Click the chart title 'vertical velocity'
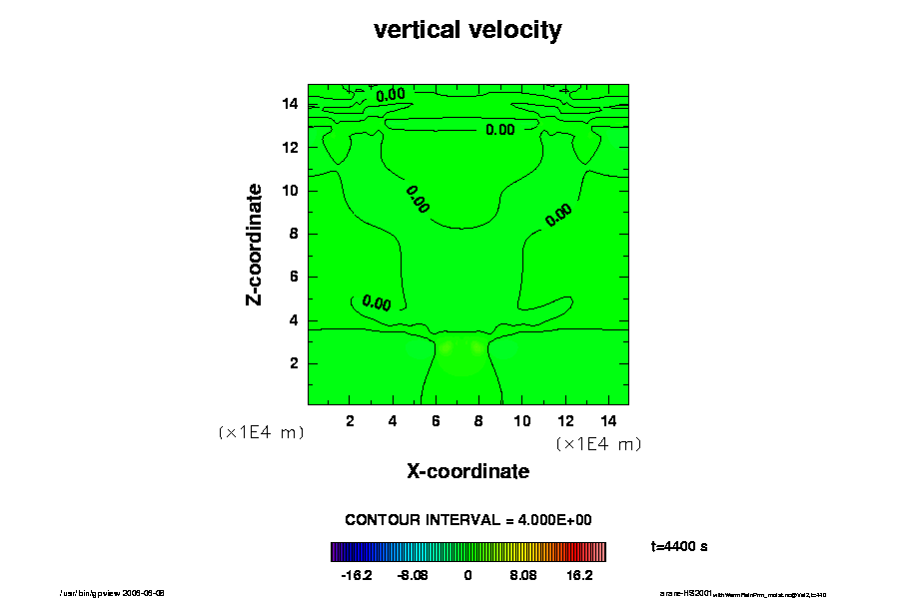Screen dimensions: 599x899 (467, 30)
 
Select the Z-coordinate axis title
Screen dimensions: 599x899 (255, 244)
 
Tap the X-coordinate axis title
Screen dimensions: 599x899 (467, 471)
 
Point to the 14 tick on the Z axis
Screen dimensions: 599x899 (293, 104)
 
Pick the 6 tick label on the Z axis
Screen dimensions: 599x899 (293, 278)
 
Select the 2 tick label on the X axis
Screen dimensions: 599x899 (350, 420)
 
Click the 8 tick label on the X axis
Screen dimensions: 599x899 (478, 420)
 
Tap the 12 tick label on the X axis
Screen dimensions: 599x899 (564, 420)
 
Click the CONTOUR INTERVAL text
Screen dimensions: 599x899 (467, 520)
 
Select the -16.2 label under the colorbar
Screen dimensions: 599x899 (357, 576)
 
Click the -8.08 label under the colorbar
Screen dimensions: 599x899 (412, 576)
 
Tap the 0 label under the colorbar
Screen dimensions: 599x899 (467, 576)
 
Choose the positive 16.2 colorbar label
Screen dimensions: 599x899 (580, 576)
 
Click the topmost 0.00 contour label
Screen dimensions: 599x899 (391, 95)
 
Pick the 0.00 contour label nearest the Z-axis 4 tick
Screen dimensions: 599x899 (377, 302)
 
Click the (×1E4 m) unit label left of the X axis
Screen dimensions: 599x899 (261, 432)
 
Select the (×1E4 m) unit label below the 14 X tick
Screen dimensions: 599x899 (598, 443)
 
